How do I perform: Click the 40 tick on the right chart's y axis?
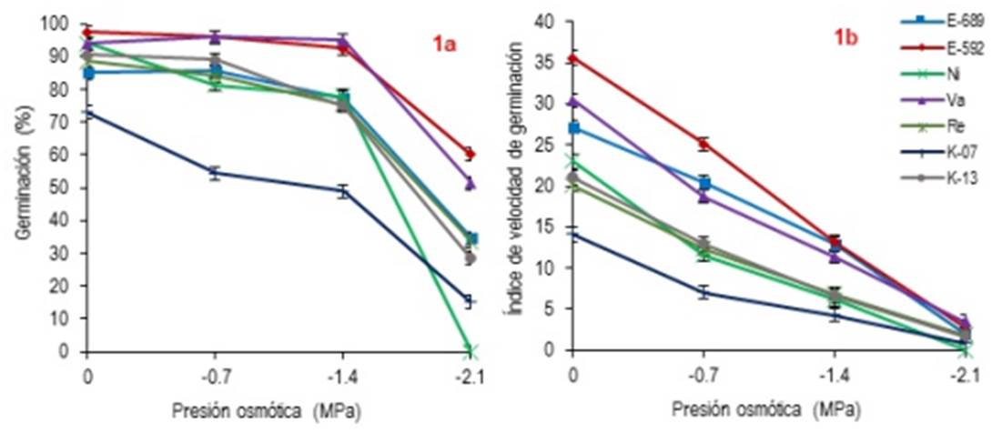point(546,20)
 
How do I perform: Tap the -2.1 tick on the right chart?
point(965,375)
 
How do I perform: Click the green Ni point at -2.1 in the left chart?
point(470,350)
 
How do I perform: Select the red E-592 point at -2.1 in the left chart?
point(470,154)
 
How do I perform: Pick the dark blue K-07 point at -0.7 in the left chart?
point(215,172)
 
